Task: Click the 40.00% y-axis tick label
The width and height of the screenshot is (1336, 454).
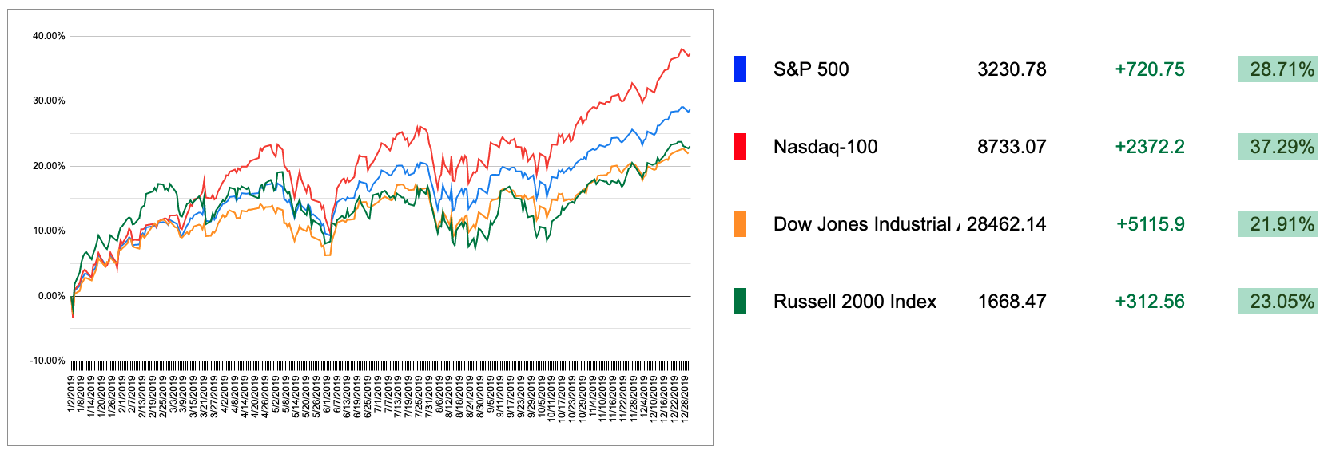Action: (x=49, y=36)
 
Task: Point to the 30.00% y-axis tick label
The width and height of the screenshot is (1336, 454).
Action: (x=49, y=101)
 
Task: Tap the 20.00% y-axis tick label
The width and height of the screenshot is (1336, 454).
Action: (x=49, y=166)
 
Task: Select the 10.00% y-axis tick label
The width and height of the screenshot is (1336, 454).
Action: (x=49, y=231)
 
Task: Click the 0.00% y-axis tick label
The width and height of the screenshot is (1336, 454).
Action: (x=51, y=296)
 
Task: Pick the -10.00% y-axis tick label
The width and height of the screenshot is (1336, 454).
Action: (x=47, y=361)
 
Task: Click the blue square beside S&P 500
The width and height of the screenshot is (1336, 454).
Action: (x=739, y=69)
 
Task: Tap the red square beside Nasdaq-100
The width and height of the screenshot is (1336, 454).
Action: (x=739, y=147)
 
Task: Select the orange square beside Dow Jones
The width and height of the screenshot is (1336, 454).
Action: (x=739, y=224)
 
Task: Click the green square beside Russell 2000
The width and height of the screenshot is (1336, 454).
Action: (x=739, y=302)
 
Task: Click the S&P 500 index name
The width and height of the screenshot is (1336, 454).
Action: (x=811, y=69)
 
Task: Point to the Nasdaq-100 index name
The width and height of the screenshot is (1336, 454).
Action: (x=825, y=147)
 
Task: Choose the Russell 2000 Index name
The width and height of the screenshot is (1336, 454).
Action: (x=854, y=302)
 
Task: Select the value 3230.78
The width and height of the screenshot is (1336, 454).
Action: (x=1012, y=69)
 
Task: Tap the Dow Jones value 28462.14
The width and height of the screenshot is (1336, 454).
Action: (x=1006, y=224)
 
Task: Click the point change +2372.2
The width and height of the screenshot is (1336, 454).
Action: (x=1150, y=147)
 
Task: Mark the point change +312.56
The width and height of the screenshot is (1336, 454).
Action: (x=1150, y=302)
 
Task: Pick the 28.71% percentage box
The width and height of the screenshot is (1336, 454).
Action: (x=1278, y=69)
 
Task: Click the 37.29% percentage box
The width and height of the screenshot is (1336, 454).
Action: (x=1278, y=147)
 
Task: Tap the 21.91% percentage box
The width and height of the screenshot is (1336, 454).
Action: (x=1278, y=224)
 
